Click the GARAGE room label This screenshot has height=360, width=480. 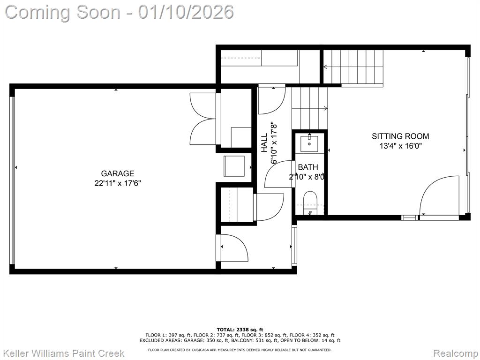[x=118, y=173]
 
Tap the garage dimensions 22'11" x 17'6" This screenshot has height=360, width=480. [x=118, y=183]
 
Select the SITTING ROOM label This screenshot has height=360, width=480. [x=400, y=136]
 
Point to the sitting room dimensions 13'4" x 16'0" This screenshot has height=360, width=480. [x=401, y=146]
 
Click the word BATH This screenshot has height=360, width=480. [x=308, y=167]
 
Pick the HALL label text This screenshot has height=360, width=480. [x=264, y=142]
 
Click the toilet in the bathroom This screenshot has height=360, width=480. [x=310, y=202]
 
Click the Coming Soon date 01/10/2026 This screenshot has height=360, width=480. [x=186, y=12]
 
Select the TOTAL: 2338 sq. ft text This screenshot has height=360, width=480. [x=240, y=330]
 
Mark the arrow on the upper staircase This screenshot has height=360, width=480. [x=353, y=67]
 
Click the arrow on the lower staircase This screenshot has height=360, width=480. [x=309, y=108]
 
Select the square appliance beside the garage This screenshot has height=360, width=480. [x=234, y=166]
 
